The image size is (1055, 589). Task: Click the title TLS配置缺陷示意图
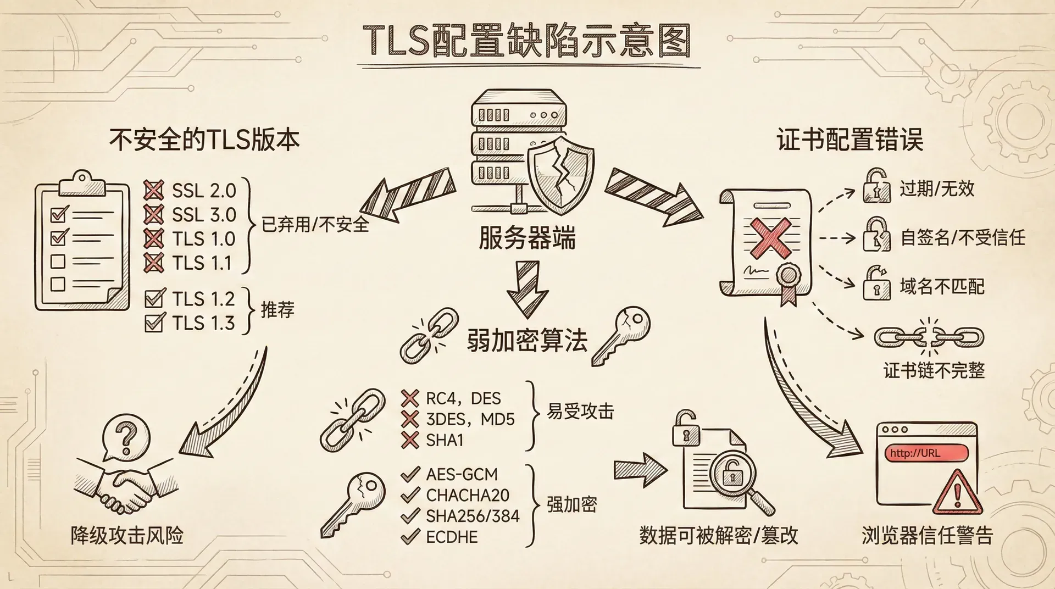526,41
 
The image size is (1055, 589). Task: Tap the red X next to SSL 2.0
153,190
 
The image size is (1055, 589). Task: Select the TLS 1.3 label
203,323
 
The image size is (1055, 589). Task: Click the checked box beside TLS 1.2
154,299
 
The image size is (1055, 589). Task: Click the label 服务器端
526,239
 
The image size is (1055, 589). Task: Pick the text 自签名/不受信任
963,238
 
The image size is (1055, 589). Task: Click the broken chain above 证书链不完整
929,337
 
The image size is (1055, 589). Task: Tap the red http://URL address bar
925,453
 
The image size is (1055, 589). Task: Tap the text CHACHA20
468,495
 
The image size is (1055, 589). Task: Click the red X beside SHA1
410,440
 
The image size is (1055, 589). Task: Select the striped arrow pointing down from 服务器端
527,288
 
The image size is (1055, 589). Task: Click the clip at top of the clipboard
82,182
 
